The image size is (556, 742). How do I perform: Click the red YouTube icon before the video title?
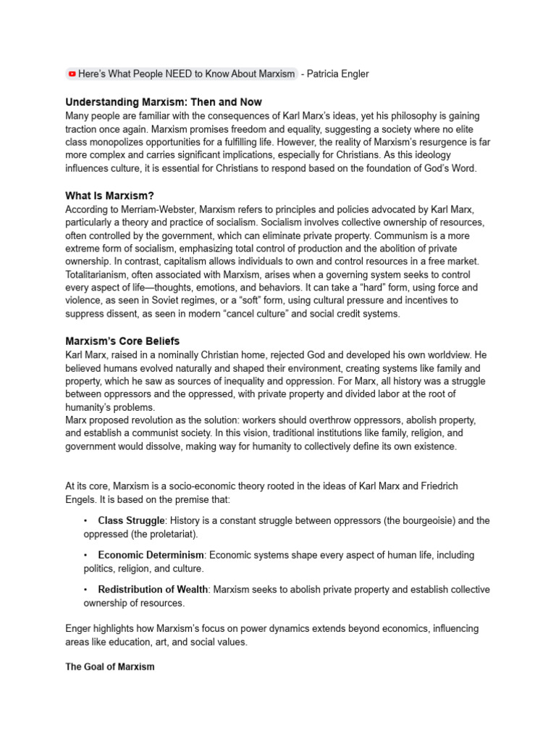(72, 74)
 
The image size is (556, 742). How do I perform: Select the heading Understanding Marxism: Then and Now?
(164, 102)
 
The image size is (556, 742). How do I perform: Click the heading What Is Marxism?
(110, 196)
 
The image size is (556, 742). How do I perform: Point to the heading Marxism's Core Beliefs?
(122, 341)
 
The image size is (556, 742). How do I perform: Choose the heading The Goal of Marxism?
(110, 667)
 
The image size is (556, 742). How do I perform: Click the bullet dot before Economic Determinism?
(85, 555)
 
